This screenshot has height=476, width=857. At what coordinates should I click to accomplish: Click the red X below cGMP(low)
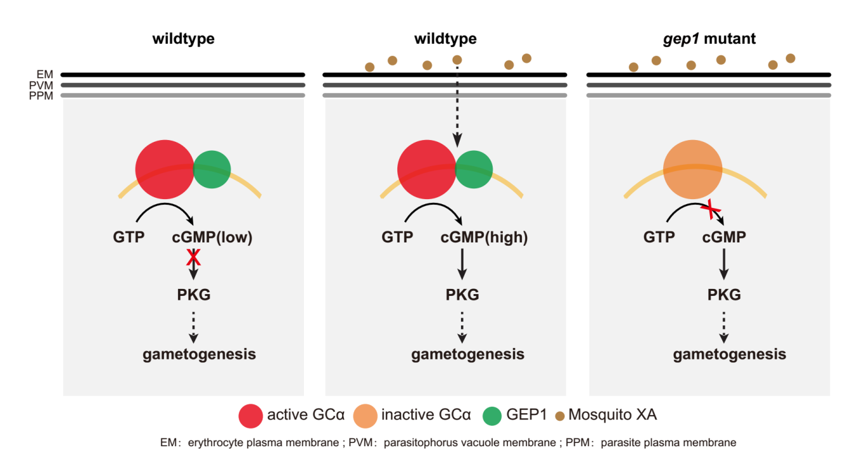pyautogui.click(x=193, y=257)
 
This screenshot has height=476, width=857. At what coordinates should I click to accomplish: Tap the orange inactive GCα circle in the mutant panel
pyautogui.click(x=692, y=169)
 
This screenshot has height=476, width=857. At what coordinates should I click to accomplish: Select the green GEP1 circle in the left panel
pyautogui.click(x=212, y=169)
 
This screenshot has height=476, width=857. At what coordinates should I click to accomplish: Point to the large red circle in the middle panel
pyautogui.click(x=427, y=170)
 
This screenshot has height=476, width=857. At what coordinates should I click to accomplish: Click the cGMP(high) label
pyautogui.click(x=484, y=237)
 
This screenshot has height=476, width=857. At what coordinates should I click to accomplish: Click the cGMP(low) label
pyautogui.click(x=212, y=237)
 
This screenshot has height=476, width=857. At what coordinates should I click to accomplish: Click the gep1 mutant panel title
pyautogui.click(x=709, y=39)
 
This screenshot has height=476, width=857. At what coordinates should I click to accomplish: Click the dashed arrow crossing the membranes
pyautogui.click(x=457, y=102)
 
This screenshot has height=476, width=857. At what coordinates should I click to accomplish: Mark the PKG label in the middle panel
pyautogui.click(x=462, y=295)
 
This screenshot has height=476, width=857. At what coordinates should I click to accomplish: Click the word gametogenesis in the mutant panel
pyautogui.click(x=729, y=354)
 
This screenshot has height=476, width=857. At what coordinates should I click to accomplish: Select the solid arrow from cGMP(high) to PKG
pyautogui.click(x=462, y=263)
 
